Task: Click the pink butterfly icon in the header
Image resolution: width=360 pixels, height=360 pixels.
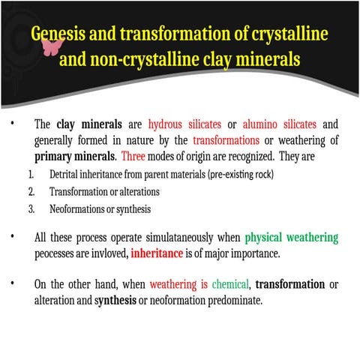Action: (x=51, y=46)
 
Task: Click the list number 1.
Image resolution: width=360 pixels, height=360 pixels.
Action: (x=31, y=175)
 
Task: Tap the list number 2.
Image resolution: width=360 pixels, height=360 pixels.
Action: (x=31, y=191)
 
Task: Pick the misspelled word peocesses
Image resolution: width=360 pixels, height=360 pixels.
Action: (x=57, y=253)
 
